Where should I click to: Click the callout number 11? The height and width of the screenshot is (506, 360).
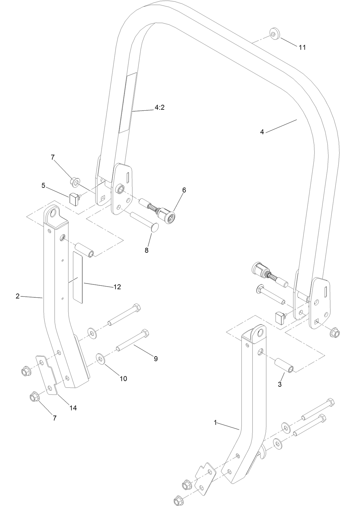[x=302, y=47]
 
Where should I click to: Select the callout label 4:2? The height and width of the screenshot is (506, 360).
[x=159, y=108]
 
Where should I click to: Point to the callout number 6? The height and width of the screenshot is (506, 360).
[x=184, y=190]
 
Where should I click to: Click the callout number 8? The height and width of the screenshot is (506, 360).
[x=147, y=250]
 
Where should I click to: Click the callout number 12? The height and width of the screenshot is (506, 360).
[x=117, y=287]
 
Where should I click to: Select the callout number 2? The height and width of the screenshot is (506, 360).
[x=18, y=296]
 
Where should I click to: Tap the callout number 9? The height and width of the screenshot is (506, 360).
[x=156, y=358]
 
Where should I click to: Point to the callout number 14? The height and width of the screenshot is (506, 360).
[x=73, y=408]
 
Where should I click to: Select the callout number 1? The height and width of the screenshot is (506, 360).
[x=216, y=422]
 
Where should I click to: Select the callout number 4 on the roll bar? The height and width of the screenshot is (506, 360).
[x=262, y=132]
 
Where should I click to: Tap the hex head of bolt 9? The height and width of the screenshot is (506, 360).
[x=145, y=333]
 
